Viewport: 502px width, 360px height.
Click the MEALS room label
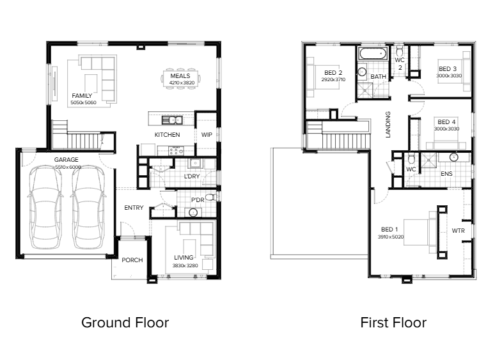point(180,76)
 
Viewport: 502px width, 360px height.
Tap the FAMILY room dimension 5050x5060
point(83,102)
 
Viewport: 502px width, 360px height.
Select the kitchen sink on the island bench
point(172,120)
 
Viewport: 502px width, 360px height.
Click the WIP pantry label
point(207,135)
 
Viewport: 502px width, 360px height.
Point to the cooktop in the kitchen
point(176,150)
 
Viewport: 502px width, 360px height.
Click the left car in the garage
point(45,207)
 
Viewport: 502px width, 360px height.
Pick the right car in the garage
point(88,207)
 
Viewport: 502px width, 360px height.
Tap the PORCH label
point(132,260)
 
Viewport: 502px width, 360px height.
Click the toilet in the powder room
point(211,197)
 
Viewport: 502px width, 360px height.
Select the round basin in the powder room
point(193,212)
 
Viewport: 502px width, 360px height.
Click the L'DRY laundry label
point(192,176)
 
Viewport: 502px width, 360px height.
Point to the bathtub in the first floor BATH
point(373,54)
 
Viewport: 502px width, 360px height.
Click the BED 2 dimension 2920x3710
point(333,79)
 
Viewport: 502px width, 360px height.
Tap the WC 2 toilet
point(400,51)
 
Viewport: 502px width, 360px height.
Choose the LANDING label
point(388,125)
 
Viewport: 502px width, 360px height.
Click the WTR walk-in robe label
point(458,231)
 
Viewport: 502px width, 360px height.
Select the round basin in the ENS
point(454,157)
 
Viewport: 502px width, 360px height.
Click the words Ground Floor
point(125,322)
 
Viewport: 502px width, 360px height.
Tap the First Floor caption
point(393,322)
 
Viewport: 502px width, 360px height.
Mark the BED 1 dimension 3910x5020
point(391,237)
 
